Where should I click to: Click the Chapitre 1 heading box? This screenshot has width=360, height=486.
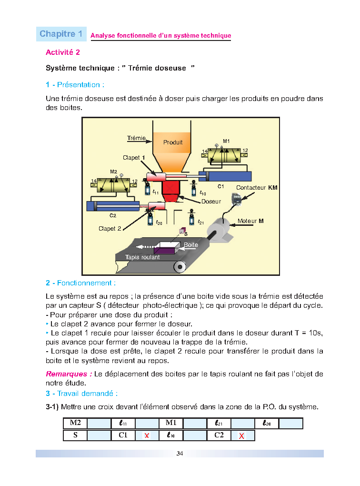(x=61, y=34)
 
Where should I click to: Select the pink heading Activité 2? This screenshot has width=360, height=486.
(x=62, y=52)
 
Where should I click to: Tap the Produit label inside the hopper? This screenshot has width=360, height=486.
(x=173, y=142)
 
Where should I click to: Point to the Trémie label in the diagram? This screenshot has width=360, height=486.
(x=136, y=138)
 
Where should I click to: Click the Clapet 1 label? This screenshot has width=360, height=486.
(x=134, y=158)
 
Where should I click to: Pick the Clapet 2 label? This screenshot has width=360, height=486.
(x=110, y=229)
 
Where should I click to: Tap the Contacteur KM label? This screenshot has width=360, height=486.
(x=257, y=188)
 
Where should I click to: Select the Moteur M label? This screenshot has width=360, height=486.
(x=251, y=221)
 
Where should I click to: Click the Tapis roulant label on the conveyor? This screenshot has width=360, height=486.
(x=142, y=257)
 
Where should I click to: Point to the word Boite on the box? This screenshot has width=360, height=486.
(x=191, y=244)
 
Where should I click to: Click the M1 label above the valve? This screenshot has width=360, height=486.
(x=226, y=141)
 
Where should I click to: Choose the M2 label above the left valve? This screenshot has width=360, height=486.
(x=113, y=172)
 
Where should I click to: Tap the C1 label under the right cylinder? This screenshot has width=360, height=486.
(x=220, y=186)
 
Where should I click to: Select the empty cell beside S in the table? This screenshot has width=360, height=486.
(x=99, y=435)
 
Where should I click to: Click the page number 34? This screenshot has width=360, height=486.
(x=180, y=453)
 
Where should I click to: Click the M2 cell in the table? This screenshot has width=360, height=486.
(x=75, y=423)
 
